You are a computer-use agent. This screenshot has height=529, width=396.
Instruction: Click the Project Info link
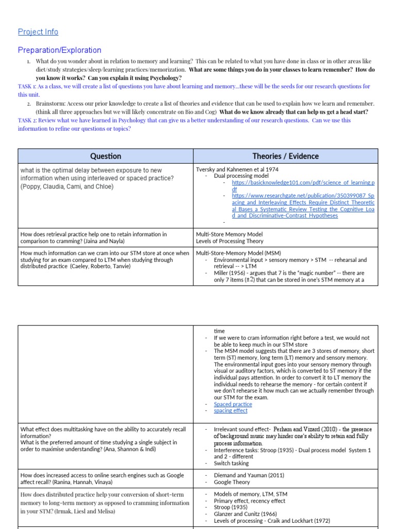(x=38, y=32)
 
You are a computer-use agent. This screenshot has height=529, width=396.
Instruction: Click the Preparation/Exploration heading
(x=59, y=50)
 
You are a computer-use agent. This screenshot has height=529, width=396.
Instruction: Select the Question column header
(x=106, y=156)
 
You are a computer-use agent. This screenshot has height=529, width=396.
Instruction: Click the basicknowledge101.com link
(x=303, y=186)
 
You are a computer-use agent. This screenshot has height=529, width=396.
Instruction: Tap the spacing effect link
(x=230, y=411)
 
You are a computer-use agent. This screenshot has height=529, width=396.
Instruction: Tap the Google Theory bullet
(x=233, y=482)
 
